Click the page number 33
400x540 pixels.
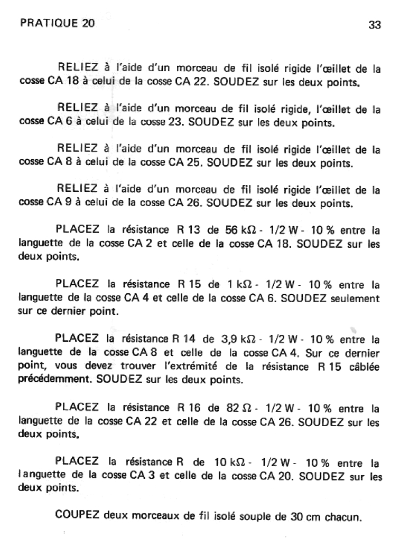click(x=374, y=25)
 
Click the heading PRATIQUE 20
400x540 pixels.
click(x=57, y=24)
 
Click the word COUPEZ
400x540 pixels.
click(x=77, y=515)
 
